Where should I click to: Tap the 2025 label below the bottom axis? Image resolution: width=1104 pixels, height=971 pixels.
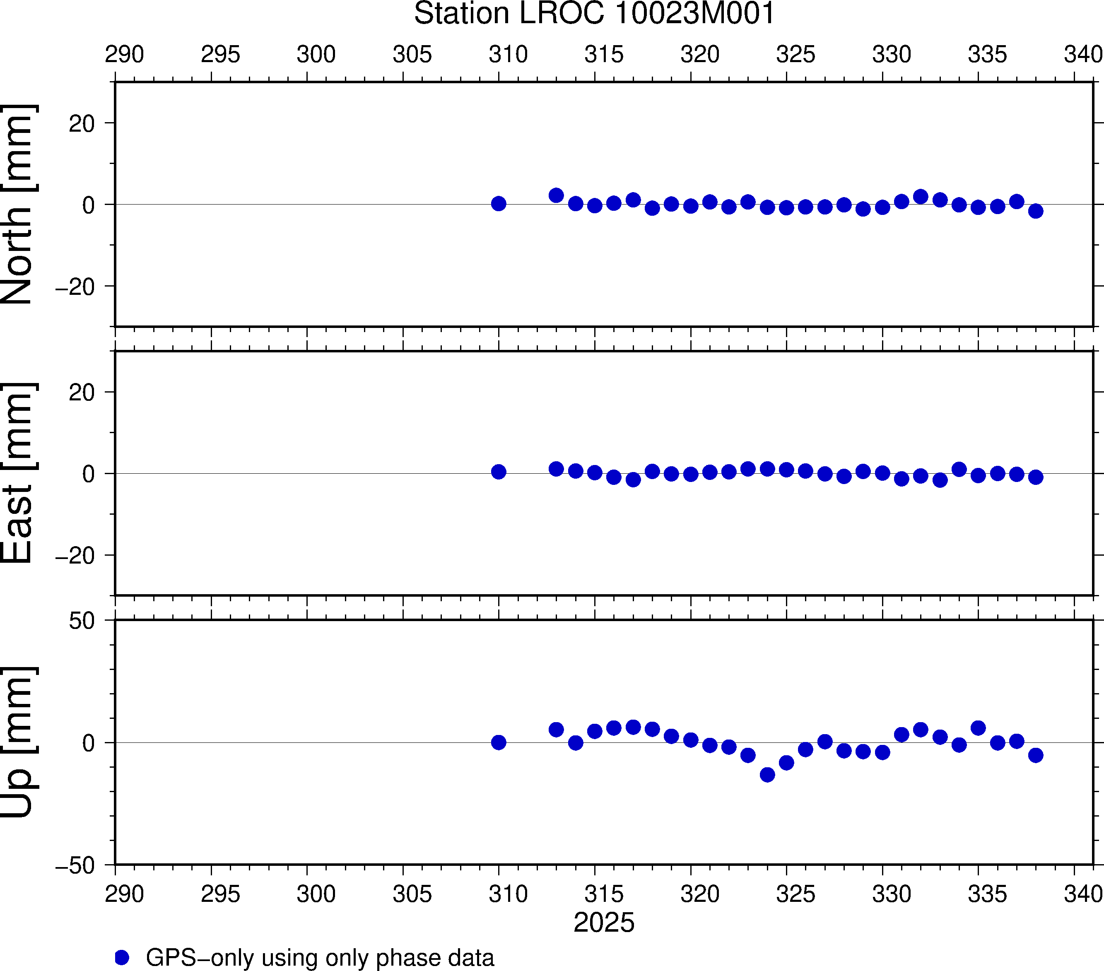[x=604, y=923]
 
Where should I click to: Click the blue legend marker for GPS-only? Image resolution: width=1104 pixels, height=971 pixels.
[x=122, y=957]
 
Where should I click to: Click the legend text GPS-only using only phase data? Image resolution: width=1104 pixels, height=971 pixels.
[x=320, y=957]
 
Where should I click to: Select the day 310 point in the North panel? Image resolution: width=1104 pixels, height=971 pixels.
[x=499, y=204]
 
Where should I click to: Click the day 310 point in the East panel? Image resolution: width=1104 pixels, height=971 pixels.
[x=499, y=472]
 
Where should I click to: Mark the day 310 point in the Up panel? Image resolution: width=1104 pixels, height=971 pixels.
[x=499, y=742]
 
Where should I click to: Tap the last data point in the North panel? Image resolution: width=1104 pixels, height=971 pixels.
[x=1035, y=211]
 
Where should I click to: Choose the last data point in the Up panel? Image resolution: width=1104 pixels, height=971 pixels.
[x=1035, y=755]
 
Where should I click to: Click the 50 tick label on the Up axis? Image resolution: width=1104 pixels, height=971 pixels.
[x=82, y=621]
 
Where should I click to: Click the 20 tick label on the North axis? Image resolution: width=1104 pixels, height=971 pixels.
[x=82, y=124]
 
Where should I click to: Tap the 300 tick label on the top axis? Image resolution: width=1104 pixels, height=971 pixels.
[x=316, y=54]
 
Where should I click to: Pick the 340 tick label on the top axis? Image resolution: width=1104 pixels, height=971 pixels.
[x=1083, y=54]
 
